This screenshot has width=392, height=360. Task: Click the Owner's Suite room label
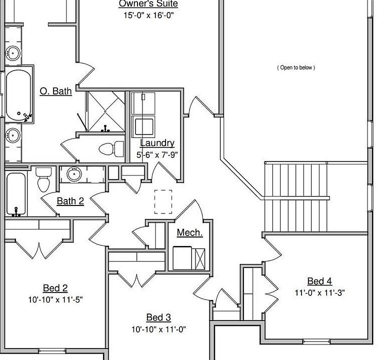coord(148,4)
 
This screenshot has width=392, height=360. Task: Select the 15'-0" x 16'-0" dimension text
coord(148,15)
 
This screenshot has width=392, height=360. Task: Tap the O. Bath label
coord(55,91)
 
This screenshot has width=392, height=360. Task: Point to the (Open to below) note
coord(296,67)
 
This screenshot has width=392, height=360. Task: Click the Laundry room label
coord(157,143)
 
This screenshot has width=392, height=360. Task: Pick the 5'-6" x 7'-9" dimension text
coord(157,154)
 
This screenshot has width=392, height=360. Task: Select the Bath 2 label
coord(70,201)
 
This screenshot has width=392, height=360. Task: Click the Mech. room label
coord(189,232)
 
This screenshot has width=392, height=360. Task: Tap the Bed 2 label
coord(55,288)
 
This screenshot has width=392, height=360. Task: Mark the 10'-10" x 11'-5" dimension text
coord(55,299)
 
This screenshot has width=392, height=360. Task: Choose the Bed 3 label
coord(158,317)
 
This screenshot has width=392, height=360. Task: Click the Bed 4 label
coord(319,281)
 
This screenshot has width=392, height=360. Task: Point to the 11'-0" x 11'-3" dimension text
coord(319,292)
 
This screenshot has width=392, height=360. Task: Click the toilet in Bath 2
coord(43,179)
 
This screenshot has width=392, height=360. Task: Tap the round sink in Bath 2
coord(74,174)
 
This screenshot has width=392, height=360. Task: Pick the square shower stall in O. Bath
coord(105,111)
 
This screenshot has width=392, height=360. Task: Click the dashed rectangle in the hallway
coord(163,202)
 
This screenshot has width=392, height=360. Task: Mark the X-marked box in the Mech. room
coord(199,258)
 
